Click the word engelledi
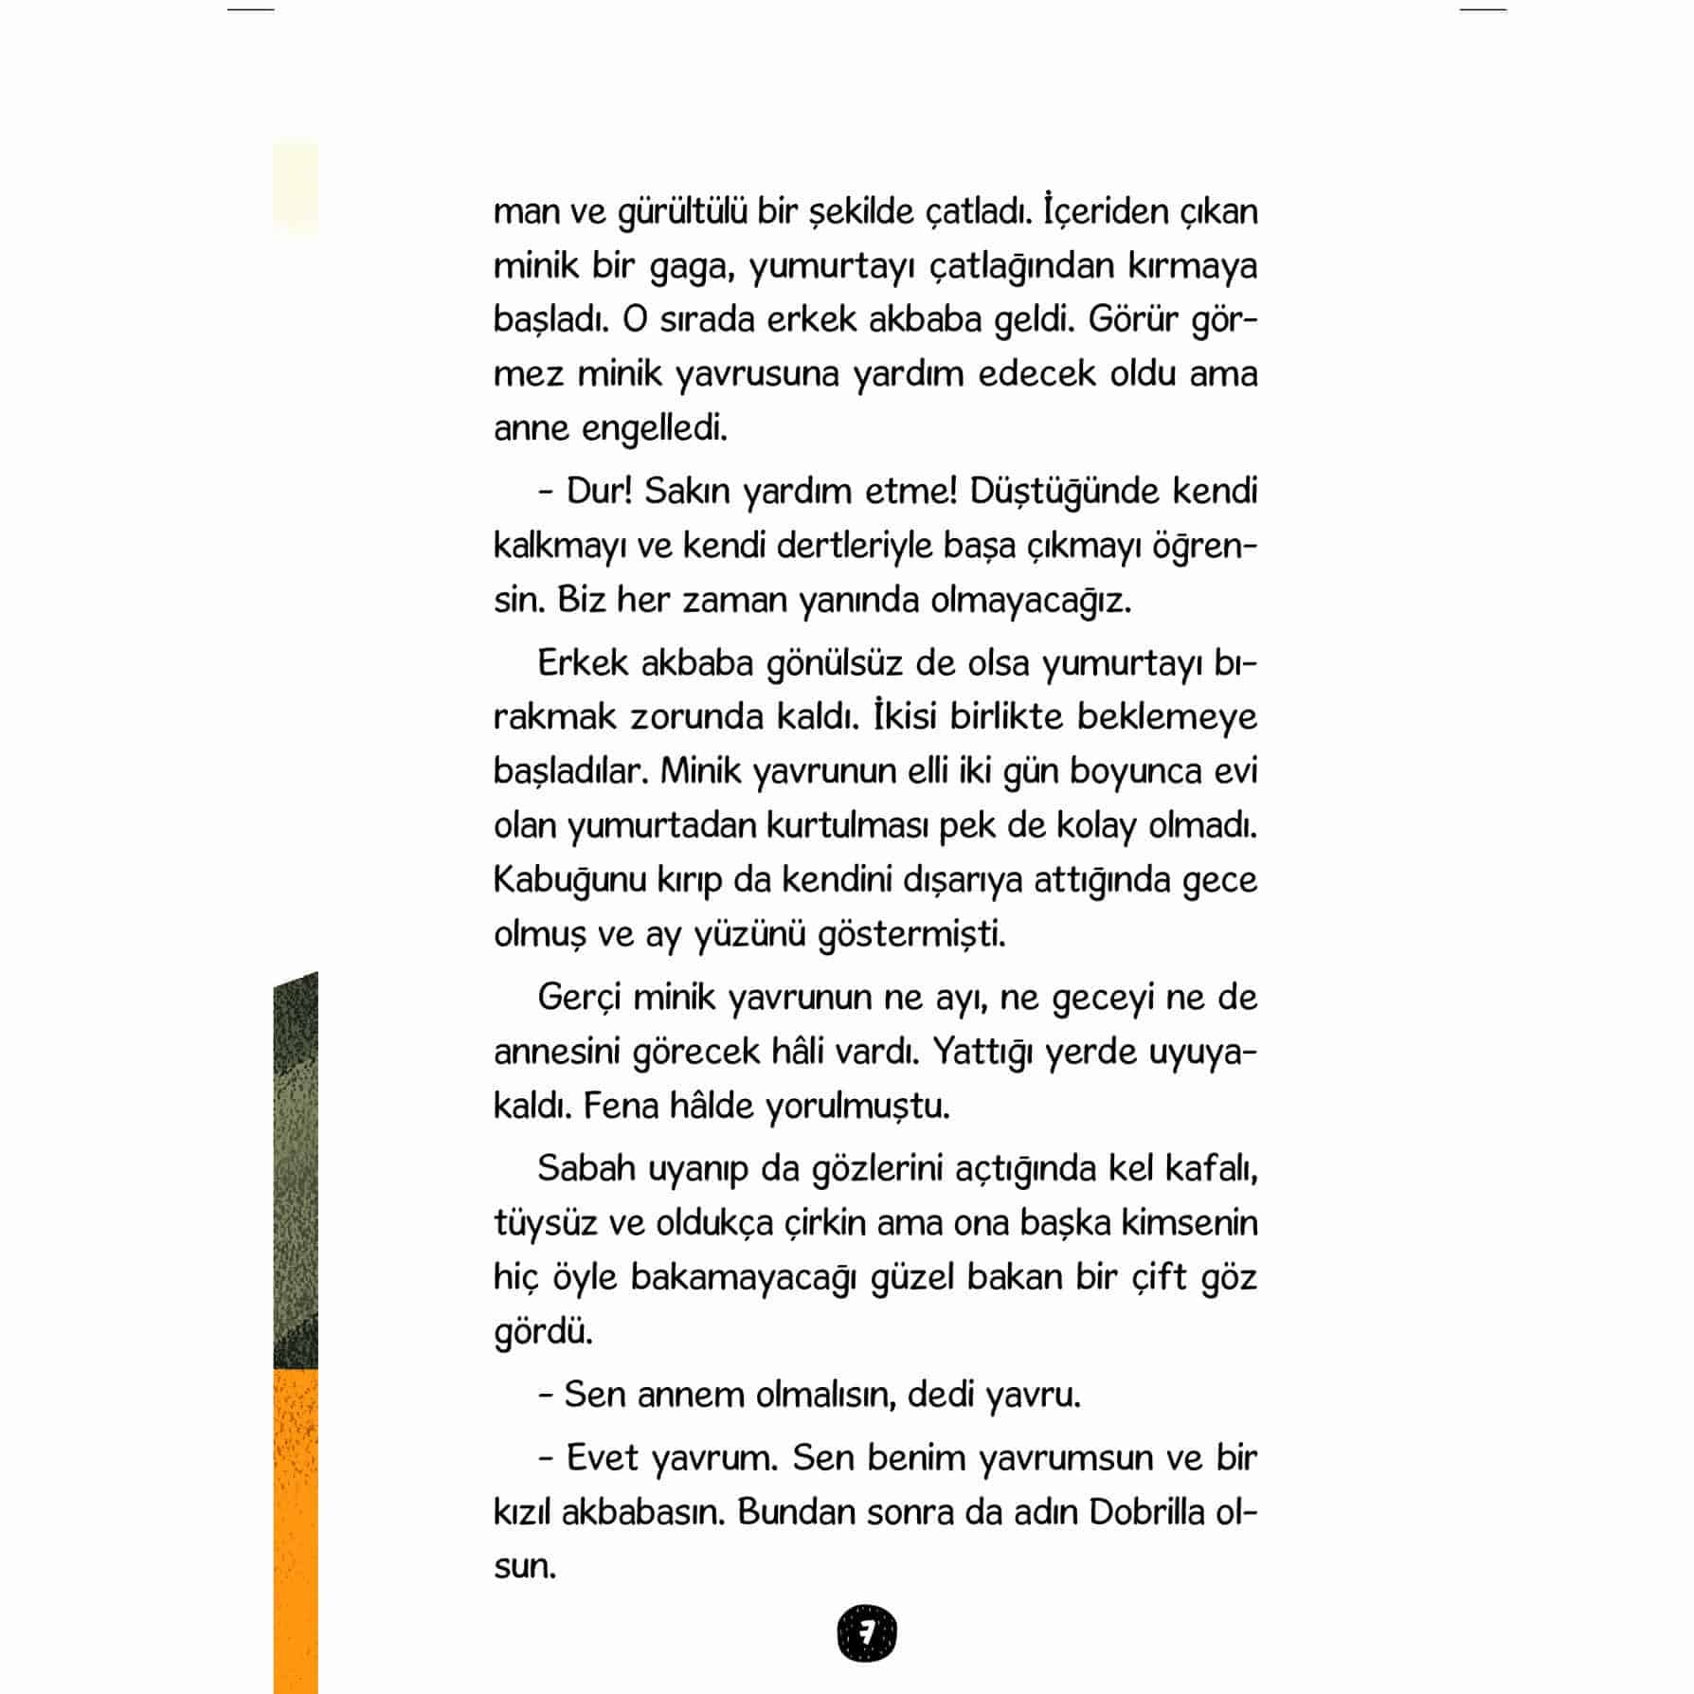pos(654,429)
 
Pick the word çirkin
pos(825,1223)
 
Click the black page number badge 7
pos(866,1633)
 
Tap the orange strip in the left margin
pos(296,1525)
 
